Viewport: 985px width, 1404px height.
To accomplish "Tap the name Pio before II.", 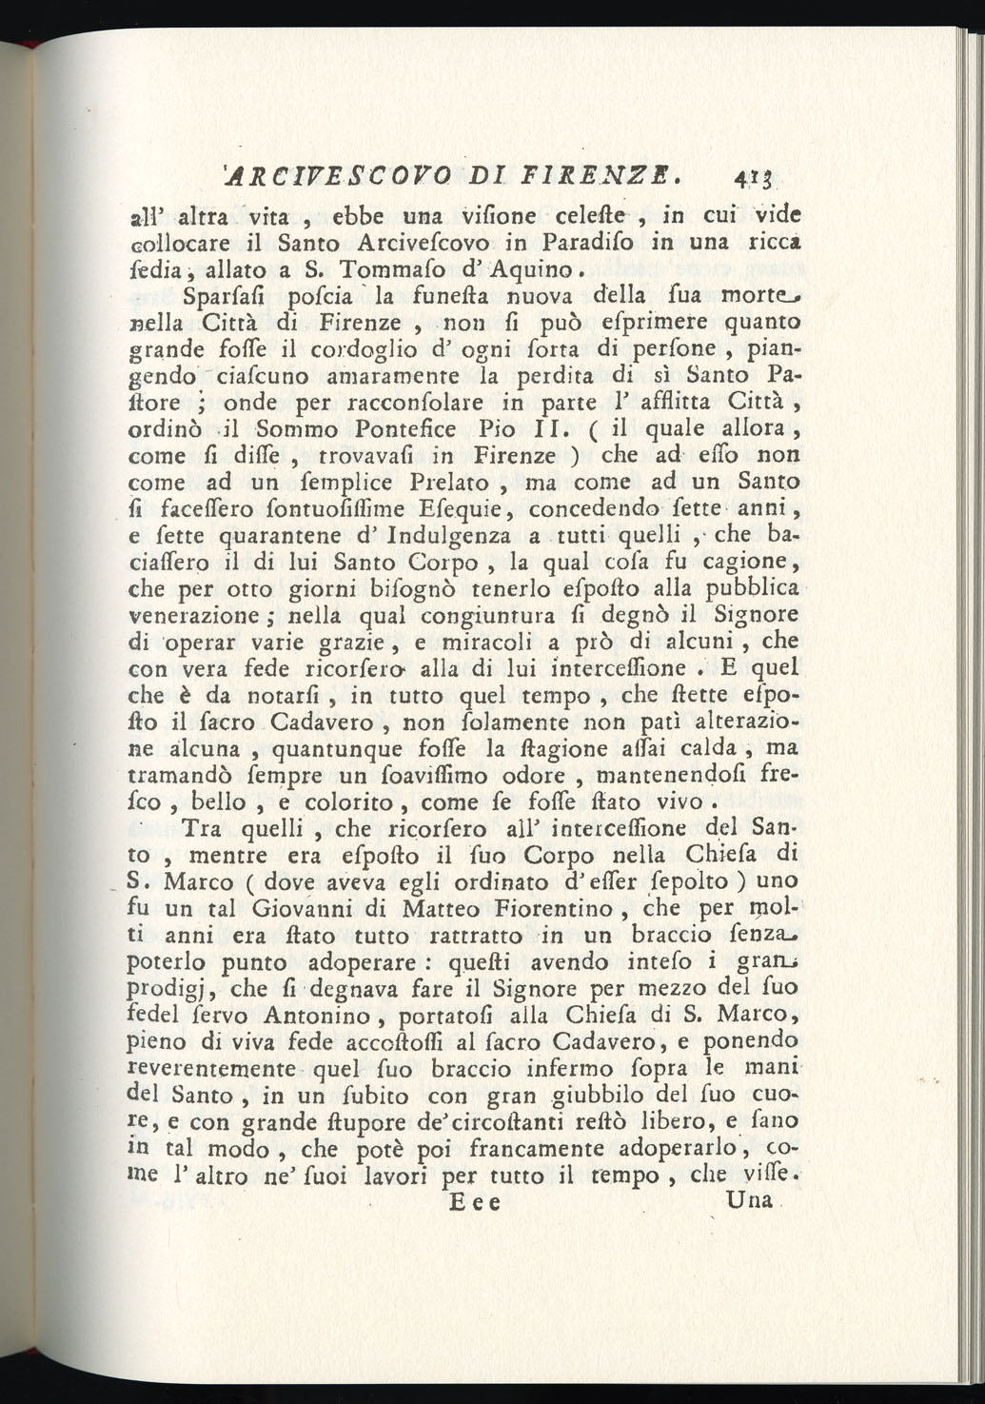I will (500, 428).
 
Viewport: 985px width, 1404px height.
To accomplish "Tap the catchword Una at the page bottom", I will (748, 1200).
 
